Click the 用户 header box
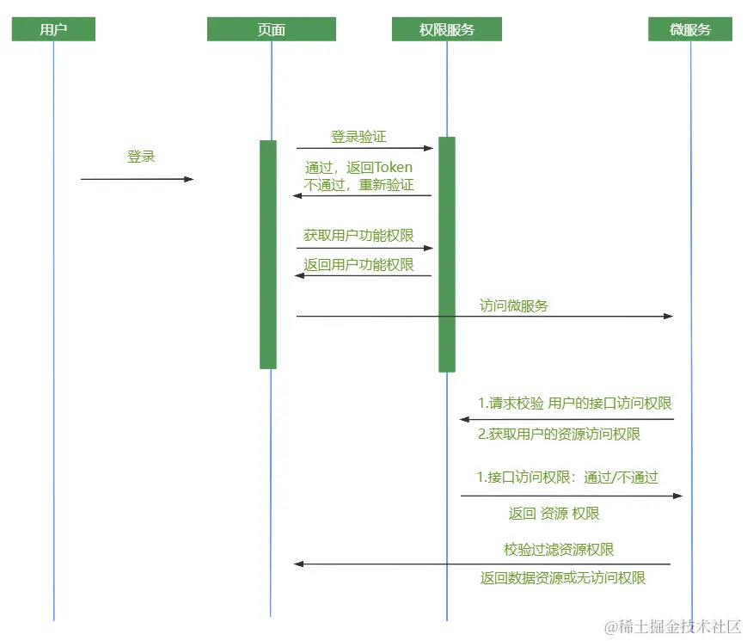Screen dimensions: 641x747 [53, 29]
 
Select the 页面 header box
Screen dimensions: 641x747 [271, 29]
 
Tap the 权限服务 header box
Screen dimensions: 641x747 [446, 29]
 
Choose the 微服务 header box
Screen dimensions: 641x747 [690, 29]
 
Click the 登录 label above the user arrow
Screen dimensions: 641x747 [141, 157]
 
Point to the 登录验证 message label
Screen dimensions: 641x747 [358, 136]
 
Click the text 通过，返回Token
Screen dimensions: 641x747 [358, 167]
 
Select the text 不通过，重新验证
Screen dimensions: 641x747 [358, 184]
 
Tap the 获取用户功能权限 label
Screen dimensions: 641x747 [358, 235]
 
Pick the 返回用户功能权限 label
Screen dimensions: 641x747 [358, 264]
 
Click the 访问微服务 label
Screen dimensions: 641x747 [513, 305]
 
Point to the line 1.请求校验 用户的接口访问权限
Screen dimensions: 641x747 [574, 403]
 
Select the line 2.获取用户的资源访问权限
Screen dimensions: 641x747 [559, 434]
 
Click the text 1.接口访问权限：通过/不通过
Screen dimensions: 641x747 [567, 477]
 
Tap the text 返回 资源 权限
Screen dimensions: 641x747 [554, 513]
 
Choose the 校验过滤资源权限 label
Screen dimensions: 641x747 [559, 549]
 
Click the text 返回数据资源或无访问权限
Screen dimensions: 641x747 [562, 577]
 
